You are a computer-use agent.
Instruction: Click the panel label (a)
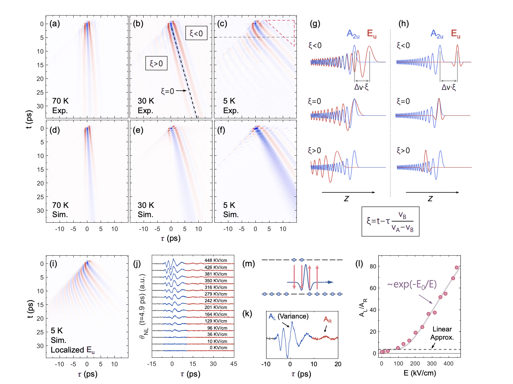(55, 24)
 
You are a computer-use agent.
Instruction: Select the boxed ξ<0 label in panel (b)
(196, 33)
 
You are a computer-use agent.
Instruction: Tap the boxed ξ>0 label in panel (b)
(156, 64)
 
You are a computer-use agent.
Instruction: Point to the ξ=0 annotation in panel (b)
(167, 91)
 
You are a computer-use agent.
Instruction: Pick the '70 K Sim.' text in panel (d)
(60, 210)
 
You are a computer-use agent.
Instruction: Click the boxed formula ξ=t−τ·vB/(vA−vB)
(390, 221)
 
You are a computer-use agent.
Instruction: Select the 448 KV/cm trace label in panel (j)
(216, 260)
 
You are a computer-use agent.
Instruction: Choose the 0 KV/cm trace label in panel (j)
(218, 348)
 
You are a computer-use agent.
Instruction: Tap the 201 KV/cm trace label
(216, 307)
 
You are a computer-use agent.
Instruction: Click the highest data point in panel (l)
(457, 267)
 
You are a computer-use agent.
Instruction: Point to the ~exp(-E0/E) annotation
(412, 284)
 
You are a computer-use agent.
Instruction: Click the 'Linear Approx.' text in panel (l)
(442, 333)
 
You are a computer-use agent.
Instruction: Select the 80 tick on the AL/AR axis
(373, 266)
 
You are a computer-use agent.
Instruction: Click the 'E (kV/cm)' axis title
(420, 373)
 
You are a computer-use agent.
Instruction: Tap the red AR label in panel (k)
(328, 320)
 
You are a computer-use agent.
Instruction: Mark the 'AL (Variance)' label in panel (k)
(288, 316)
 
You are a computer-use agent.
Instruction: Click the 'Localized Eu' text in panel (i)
(73, 350)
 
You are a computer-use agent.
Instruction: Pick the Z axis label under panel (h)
(430, 199)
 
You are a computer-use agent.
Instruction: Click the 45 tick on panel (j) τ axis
(234, 364)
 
